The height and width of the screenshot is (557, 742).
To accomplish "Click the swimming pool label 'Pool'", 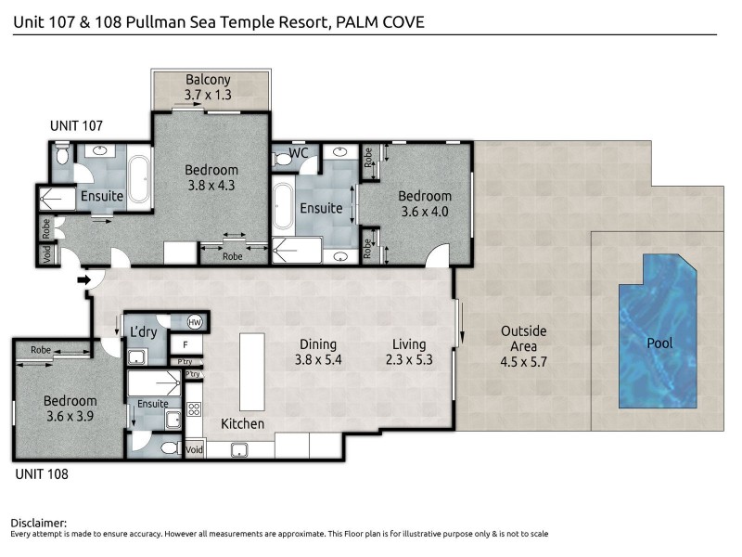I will (659, 343).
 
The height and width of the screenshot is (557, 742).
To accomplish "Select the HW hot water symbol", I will (195, 322).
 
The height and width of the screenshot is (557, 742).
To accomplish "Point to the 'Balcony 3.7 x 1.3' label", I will (208, 86).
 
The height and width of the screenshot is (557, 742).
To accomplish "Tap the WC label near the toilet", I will (299, 152).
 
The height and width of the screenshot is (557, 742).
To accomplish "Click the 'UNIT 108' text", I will (43, 473).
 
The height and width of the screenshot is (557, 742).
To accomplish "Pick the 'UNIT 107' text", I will (76, 125).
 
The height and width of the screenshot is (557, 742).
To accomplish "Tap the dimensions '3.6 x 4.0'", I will (425, 211).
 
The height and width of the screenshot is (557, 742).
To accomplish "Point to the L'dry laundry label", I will (144, 331).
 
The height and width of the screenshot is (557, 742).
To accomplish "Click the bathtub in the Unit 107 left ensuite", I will (140, 180).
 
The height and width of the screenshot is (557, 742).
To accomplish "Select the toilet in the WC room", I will (284, 159).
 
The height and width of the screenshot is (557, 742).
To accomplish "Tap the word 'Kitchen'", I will (242, 424).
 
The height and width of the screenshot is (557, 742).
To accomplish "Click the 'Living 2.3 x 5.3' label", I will (412, 351).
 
